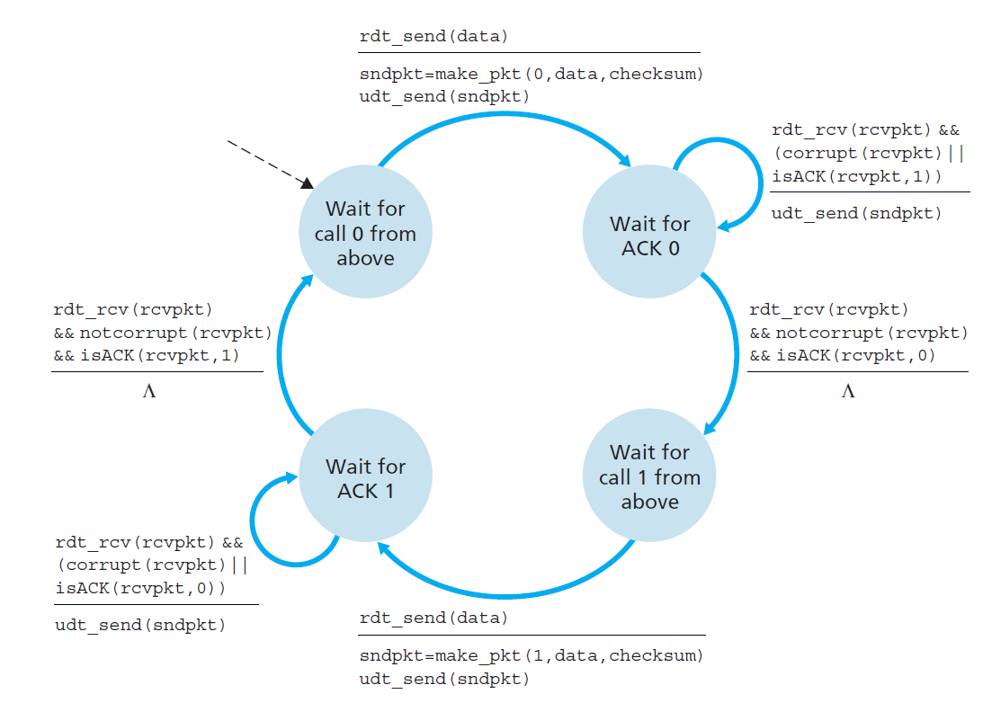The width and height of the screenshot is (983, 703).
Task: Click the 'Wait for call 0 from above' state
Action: click(x=365, y=233)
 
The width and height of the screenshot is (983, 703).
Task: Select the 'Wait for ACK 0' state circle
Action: click(x=649, y=235)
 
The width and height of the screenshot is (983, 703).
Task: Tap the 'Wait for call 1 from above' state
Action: click(x=649, y=476)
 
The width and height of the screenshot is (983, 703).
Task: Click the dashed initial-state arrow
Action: click(x=265, y=162)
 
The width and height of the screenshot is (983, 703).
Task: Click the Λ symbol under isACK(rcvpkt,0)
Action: click(x=847, y=392)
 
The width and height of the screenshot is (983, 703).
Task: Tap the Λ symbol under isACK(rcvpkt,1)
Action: click(x=149, y=392)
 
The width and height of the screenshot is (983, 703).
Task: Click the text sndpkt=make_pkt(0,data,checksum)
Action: click(x=531, y=74)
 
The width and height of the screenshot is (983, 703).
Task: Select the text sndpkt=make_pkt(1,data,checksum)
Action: click(x=531, y=655)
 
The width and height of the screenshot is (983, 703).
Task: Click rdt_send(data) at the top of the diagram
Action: click(x=433, y=37)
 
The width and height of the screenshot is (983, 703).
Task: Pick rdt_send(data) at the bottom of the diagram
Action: click(x=433, y=618)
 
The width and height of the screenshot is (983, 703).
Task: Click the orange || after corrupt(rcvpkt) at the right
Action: click(x=955, y=153)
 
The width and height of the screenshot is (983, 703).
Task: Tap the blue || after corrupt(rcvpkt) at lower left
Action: click(x=239, y=565)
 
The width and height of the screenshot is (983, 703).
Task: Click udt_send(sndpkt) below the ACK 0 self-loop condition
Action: click(x=856, y=213)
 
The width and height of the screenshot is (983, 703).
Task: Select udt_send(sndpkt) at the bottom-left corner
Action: click(x=140, y=625)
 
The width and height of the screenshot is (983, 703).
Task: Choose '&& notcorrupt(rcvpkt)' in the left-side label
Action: click(x=162, y=333)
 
